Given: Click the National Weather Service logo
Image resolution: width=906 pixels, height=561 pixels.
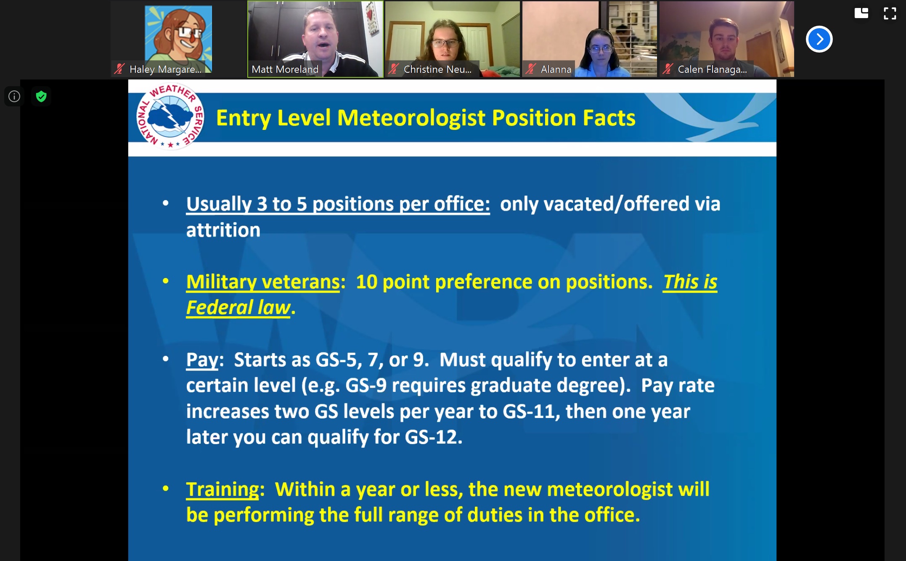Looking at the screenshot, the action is tap(170, 117).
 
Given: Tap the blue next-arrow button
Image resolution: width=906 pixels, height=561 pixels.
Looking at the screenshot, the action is tap(819, 39).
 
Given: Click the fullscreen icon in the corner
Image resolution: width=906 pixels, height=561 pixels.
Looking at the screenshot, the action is tap(890, 13).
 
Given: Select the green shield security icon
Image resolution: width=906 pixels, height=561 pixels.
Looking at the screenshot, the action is tap(41, 96).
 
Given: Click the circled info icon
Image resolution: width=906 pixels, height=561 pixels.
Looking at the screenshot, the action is tap(14, 96).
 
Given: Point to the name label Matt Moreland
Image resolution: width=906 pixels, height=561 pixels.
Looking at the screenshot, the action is tap(285, 69).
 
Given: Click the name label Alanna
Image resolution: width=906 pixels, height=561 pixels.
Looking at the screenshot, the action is tap(556, 69).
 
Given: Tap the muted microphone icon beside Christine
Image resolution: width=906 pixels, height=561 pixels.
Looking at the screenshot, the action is tap(394, 69).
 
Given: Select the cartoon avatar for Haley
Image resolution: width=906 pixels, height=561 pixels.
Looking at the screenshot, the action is tap(178, 39).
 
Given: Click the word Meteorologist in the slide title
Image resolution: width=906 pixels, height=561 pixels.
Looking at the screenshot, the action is tap(411, 118).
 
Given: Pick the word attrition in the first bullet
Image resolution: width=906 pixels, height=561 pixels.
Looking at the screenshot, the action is tap(223, 230).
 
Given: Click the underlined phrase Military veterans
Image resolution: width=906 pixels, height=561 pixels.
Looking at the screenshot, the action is tap(263, 282).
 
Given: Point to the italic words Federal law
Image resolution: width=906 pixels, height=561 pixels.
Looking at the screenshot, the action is tap(238, 307).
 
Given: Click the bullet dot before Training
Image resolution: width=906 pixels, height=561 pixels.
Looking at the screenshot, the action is tap(166, 489).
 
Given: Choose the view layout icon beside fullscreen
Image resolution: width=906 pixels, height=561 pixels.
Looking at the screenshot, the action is tap(861, 13).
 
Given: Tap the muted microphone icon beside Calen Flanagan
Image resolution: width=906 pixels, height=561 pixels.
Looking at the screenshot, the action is tap(668, 69).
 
